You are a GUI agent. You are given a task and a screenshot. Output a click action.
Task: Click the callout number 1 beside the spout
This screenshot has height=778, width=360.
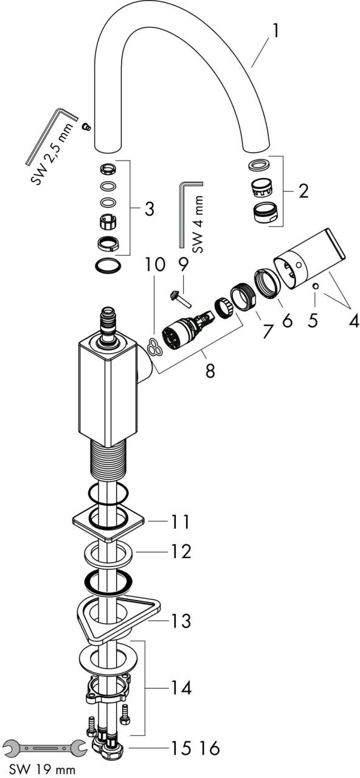point(275,32)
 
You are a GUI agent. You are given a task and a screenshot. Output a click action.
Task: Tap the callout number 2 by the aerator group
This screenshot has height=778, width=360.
point(303,191)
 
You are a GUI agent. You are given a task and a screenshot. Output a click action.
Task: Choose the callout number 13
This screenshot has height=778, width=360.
point(181,620)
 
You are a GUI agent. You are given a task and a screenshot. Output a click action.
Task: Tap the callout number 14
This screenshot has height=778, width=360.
point(181,688)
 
